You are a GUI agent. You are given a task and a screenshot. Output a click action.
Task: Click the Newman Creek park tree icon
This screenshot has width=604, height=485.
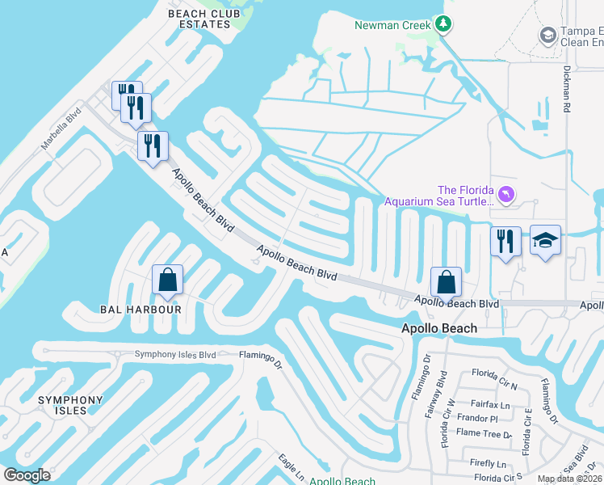pos(443,24)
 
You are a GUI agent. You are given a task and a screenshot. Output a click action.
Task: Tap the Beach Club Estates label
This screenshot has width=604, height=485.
pos(199,18)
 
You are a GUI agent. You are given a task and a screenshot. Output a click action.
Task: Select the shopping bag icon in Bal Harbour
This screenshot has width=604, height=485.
pos(167,280)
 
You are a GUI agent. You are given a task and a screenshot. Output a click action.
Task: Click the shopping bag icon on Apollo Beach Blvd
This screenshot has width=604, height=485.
pos(446,282)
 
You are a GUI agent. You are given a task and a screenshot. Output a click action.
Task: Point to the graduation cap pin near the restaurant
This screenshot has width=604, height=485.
pos(545,240)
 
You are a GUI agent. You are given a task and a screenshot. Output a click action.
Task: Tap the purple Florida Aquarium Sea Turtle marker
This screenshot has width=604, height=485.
pos(505,194)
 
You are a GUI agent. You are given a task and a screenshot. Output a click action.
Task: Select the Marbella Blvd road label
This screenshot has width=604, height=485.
pos(62,129)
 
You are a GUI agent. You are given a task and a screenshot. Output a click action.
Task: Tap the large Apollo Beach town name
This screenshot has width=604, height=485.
pos(439,329)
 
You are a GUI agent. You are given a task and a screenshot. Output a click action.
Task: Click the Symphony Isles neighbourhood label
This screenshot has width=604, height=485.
pos(71,406)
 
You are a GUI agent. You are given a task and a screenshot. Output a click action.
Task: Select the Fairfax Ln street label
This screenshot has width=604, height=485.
pos(493,404)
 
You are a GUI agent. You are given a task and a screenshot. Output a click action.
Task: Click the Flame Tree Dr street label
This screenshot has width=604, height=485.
pos(484,434)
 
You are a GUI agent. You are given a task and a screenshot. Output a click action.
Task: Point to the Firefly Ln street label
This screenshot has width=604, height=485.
pos(489,463)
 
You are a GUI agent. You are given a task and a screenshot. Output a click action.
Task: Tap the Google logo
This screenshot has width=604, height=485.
pos(27,475)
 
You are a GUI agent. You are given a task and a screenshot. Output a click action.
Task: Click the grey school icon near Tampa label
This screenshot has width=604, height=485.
pos(547,36)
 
